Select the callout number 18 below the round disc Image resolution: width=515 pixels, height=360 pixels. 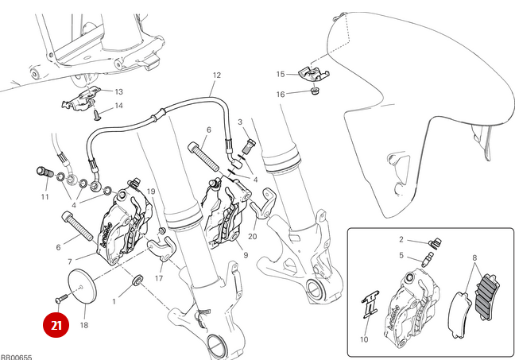pos(84,325)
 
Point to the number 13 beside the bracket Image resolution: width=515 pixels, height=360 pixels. pos(118,91)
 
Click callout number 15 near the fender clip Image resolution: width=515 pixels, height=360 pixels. pos(281,74)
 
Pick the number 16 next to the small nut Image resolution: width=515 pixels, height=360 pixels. pos(281,95)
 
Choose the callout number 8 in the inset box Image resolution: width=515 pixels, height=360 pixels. pos(474,258)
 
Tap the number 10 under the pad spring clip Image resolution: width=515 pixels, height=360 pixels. pos(365,339)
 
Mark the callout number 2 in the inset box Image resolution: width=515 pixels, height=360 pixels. pos(402,239)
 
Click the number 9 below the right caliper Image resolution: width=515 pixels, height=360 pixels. pos(246,255)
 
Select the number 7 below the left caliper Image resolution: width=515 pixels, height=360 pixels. pos(70,261)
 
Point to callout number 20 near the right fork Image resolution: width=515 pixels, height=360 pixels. pos(252,236)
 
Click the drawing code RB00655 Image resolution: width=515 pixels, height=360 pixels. pos(15,356)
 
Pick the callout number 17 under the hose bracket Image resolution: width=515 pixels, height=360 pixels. pos(159,278)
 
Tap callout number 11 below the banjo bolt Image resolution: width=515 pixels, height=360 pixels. pos(45,196)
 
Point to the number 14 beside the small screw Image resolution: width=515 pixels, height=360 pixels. pos(118,106)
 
